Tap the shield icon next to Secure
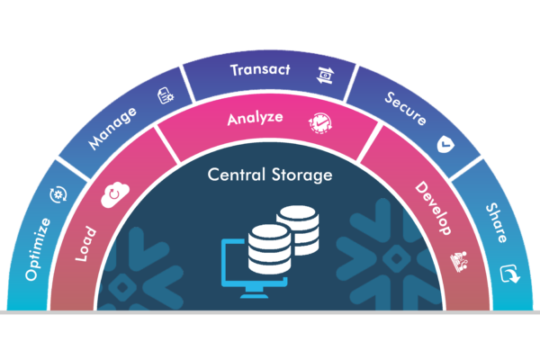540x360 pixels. [445, 143]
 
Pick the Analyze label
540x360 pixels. [255, 118]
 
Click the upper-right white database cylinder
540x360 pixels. [299, 229]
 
